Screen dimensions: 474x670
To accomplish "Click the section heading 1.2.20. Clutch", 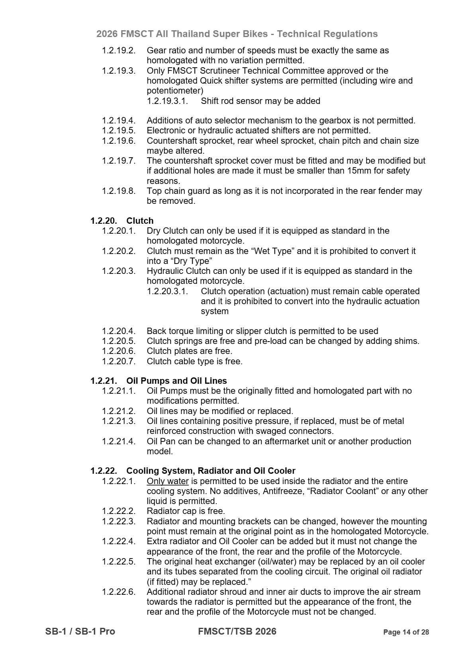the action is tap(122, 221).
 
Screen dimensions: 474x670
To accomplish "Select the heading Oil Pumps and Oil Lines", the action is tap(176, 381).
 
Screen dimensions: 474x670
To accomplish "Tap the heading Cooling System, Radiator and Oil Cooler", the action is tap(211, 471).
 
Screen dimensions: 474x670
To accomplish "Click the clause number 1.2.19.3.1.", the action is tap(167, 101).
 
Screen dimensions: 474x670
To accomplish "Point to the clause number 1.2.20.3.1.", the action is tap(167, 291).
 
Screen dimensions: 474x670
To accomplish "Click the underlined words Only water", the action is tap(167, 481).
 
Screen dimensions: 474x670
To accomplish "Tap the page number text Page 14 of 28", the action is tap(405, 632).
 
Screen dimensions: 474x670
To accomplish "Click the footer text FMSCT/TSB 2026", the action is tap(237, 631).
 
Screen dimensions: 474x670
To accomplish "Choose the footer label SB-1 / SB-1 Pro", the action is tap(80, 631).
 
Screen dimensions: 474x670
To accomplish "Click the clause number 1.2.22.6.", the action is tap(119, 592).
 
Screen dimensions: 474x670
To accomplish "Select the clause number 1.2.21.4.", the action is tap(119, 441).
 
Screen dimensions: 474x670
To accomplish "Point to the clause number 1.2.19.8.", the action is tap(119, 191).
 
